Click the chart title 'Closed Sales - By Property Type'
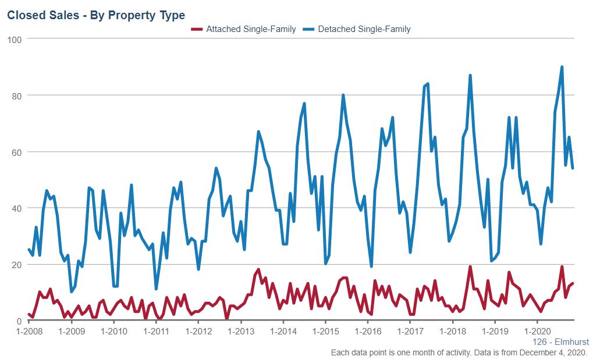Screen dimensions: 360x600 (96, 15)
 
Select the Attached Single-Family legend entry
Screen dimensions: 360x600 (244, 29)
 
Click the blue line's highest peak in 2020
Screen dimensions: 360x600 (562, 67)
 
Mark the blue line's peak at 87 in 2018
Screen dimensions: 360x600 (470, 76)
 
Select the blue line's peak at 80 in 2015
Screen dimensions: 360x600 (343, 95)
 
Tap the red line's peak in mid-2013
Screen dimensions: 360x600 (258, 269)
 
